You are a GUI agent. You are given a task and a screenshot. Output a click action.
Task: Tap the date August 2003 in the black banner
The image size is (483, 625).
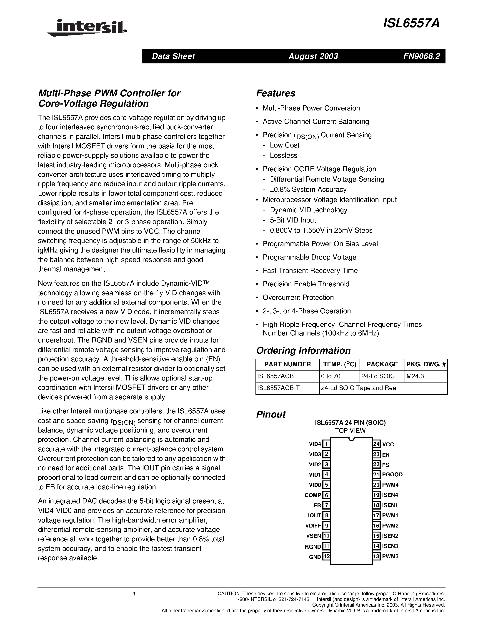(313, 56)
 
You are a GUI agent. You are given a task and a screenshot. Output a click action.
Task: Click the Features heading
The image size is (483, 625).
(275, 93)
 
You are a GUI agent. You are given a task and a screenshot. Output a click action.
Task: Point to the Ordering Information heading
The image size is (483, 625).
(303, 350)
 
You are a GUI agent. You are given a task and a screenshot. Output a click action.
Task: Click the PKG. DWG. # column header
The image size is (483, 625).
(426, 364)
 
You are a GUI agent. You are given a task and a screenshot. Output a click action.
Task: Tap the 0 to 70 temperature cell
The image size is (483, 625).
(331, 376)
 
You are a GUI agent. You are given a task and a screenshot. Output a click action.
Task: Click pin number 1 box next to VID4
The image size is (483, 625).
(326, 444)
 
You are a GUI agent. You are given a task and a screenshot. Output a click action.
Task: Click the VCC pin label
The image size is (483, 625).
(388, 444)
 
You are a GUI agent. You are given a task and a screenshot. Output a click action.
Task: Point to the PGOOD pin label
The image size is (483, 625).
(392, 475)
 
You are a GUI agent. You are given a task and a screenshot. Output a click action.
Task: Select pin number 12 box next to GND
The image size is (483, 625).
(326, 557)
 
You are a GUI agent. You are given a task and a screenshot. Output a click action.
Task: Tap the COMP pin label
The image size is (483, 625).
(313, 495)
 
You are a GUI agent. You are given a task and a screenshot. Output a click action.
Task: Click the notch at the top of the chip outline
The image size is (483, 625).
(352, 439)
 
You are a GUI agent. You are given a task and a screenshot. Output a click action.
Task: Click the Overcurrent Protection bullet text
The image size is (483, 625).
(298, 298)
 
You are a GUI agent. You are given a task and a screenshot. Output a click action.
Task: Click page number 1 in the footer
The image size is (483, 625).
(134, 594)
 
